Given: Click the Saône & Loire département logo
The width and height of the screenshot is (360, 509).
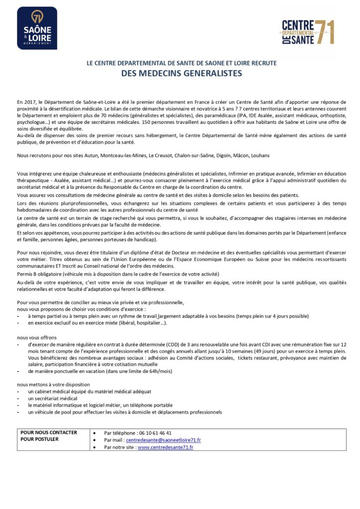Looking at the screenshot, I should click(x=37, y=28).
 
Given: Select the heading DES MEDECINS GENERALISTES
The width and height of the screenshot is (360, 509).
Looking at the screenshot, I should click(x=181, y=73).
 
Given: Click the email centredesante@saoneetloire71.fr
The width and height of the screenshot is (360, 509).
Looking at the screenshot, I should click(x=163, y=440).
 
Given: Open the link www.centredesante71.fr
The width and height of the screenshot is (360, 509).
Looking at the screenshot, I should click(x=165, y=447).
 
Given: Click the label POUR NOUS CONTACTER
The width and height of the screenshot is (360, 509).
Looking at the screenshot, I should click(x=49, y=432).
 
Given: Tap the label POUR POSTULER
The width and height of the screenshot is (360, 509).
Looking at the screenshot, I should click(x=39, y=439).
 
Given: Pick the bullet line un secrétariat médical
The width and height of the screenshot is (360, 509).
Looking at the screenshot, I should click(x=52, y=398).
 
